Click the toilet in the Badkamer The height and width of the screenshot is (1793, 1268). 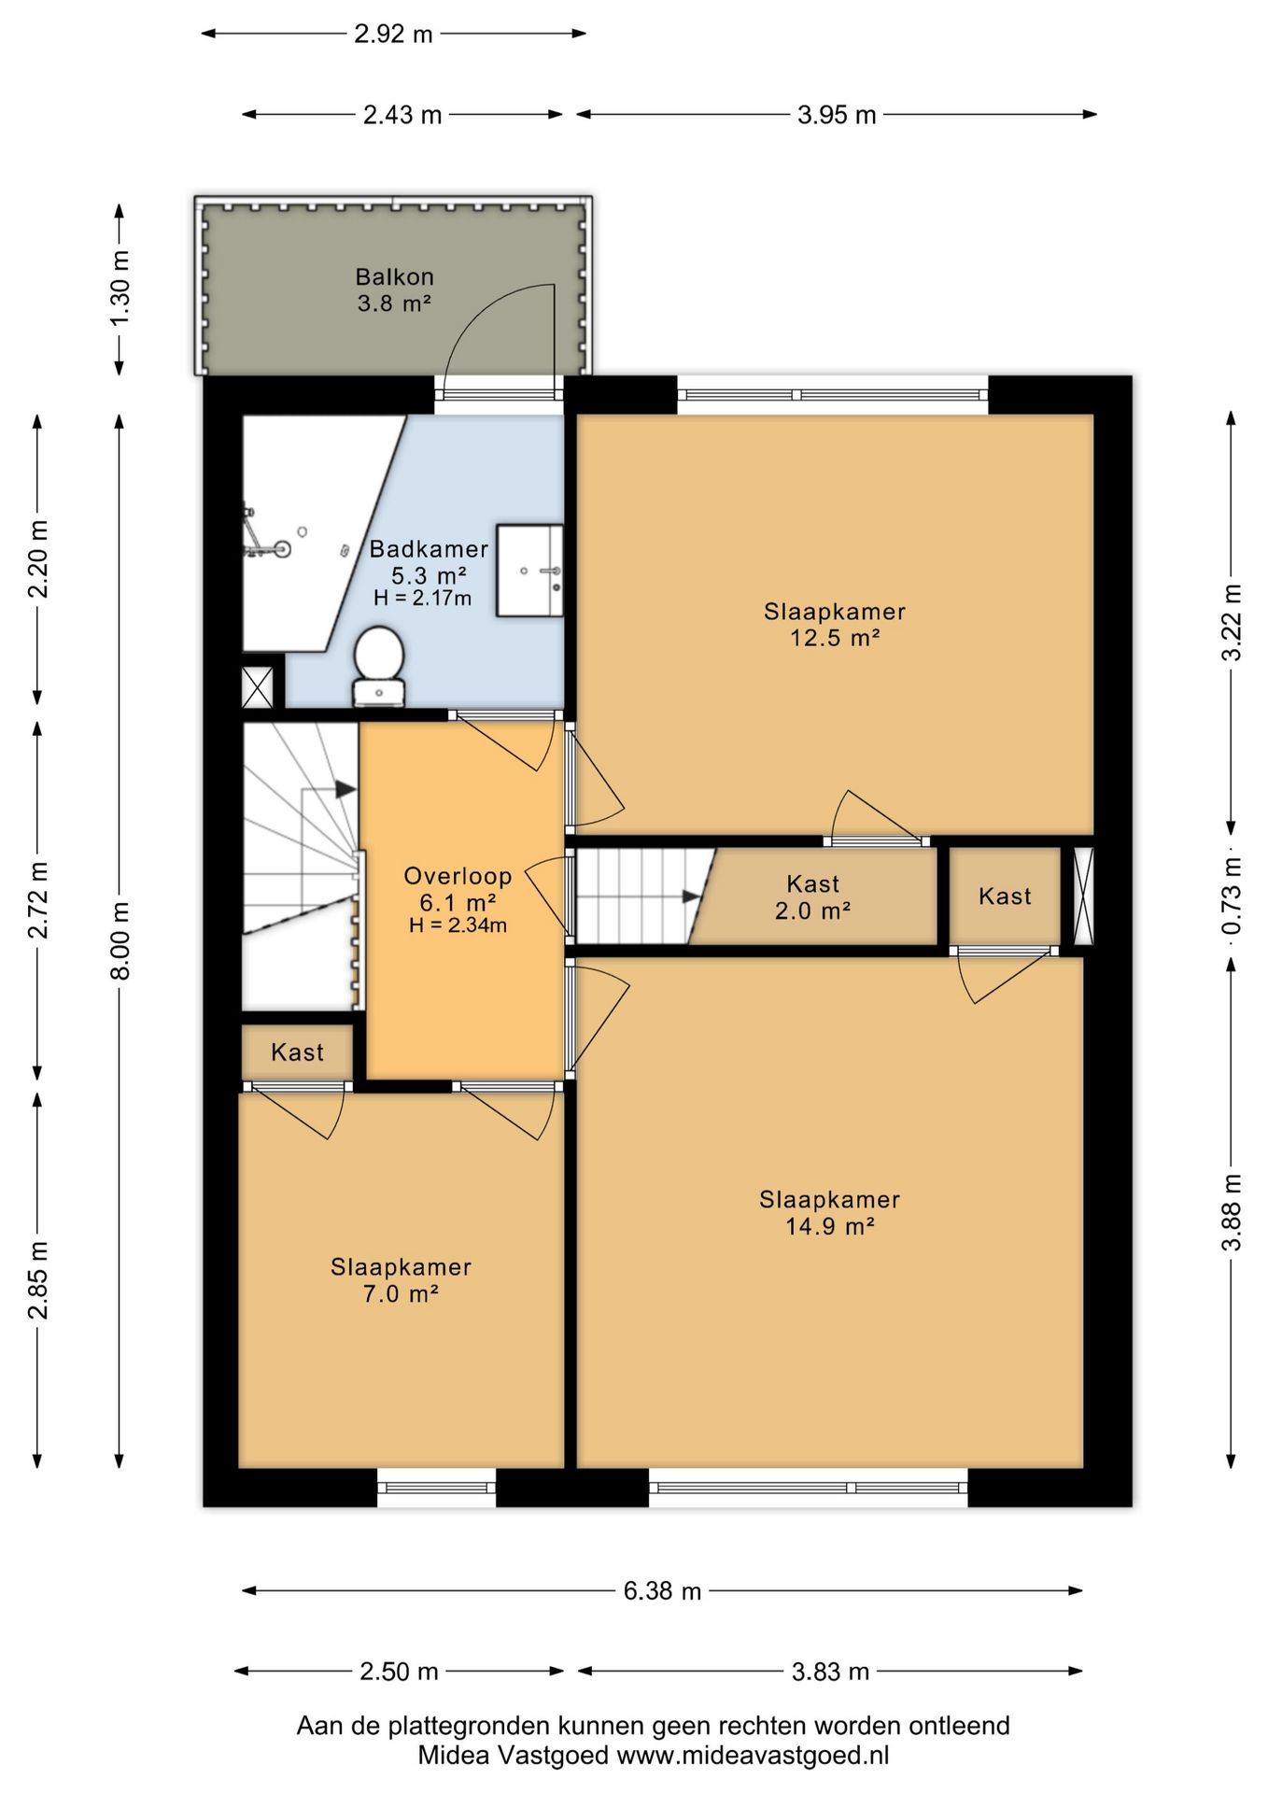coord(378,665)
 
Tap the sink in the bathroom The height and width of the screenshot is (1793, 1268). coord(529,571)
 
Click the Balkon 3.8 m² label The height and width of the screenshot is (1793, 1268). coord(394,289)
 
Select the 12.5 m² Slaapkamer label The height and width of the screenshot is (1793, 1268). coord(835,625)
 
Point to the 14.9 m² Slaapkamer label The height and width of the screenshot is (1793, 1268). coord(829,1213)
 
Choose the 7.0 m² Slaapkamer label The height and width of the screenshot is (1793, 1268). coord(401,1280)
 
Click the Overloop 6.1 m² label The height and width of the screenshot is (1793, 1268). coord(458,889)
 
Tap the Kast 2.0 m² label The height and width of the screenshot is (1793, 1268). coord(812,896)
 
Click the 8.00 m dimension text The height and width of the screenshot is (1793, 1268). coord(120,940)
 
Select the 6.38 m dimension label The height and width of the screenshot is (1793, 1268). coord(662,1590)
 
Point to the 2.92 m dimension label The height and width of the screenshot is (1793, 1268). coord(393,34)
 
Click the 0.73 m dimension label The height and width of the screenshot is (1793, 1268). coord(1232,896)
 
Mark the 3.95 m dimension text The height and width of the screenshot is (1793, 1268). coord(837,115)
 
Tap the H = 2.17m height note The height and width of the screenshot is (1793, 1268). coord(422,599)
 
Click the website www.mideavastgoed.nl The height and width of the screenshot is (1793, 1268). coord(753,1756)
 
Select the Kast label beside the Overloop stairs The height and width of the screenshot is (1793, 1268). coord(297,1052)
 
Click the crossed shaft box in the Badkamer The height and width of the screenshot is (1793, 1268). coord(257,687)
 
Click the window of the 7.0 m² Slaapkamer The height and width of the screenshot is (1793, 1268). coord(436,1487)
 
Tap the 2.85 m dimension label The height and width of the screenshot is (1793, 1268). coord(38,1280)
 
